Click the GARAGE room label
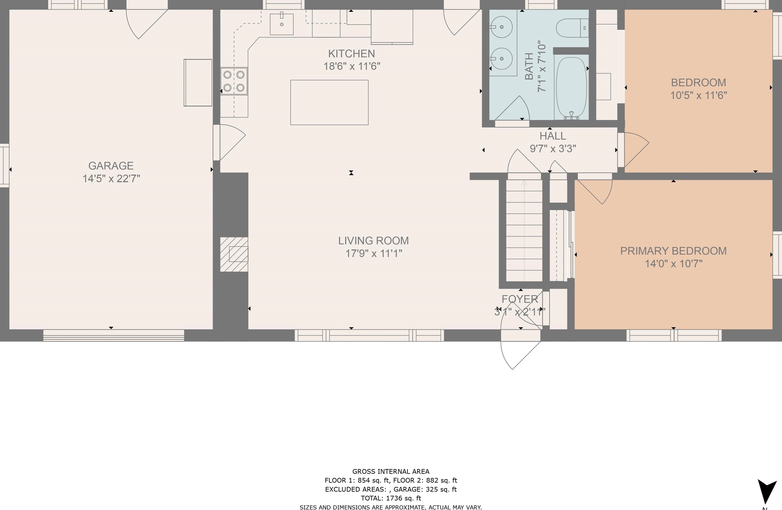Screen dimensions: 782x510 click(x=111, y=166)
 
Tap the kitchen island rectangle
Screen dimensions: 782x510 click(x=329, y=102)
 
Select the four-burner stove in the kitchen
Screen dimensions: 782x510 click(x=234, y=81)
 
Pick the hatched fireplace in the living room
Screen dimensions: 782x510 click(x=234, y=254)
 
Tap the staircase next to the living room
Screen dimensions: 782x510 click(x=524, y=230)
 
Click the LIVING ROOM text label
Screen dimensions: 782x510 click(x=374, y=241)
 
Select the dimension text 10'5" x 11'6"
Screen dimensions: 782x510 click(x=698, y=95)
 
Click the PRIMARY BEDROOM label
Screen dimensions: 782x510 click(x=673, y=251)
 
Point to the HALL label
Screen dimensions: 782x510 click(x=553, y=136)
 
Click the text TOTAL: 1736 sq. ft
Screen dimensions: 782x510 click(x=391, y=498)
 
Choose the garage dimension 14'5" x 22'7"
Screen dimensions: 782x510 click(x=111, y=179)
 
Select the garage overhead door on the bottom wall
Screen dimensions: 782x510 click(x=114, y=335)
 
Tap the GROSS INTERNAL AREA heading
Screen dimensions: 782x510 click(x=391, y=472)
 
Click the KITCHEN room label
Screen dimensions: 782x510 click(x=352, y=54)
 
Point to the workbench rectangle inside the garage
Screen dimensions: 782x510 click(x=198, y=83)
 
